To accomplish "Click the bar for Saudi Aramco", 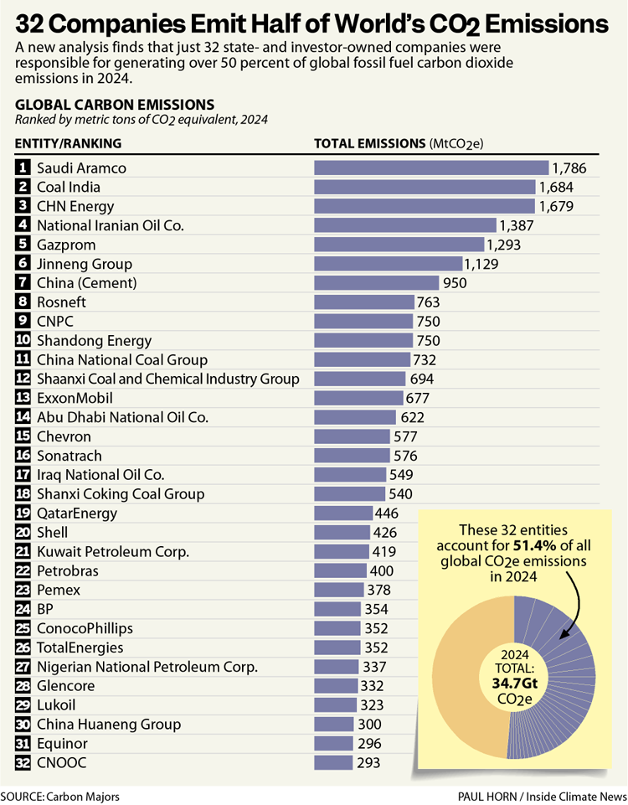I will point(430,168).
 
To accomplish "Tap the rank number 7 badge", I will point(23,282).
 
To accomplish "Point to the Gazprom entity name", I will point(66,245).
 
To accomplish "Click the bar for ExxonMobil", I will point(358,398).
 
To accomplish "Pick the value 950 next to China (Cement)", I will point(455,283).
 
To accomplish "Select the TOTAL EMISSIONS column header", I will point(369,143).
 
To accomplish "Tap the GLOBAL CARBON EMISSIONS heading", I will point(115,105).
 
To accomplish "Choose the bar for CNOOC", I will point(332,762).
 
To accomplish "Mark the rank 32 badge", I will point(23,762).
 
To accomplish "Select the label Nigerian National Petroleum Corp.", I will point(147,667).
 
